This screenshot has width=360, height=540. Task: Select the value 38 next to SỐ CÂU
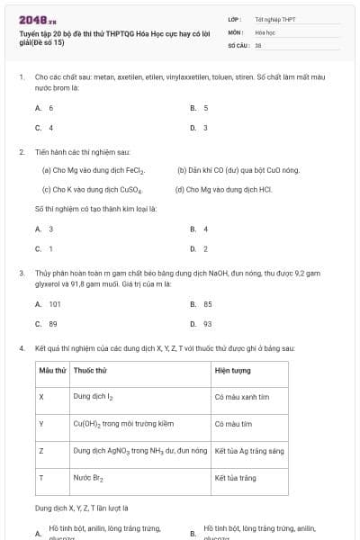pyautogui.click(x=258, y=44)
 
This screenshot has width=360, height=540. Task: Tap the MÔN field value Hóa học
pyautogui.click(x=265, y=31)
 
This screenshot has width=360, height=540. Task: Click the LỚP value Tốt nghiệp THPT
pyautogui.click(x=274, y=18)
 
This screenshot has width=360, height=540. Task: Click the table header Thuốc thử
pyautogui.click(x=91, y=371)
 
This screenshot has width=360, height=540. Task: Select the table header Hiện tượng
pyautogui.click(x=233, y=371)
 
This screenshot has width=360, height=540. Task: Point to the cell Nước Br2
pyautogui.click(x=89, y=479)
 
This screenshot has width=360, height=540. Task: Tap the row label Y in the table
pyautogui.click(x=41, y=423)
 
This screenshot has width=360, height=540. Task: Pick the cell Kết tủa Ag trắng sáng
pyautogui.click(x=249, y=450)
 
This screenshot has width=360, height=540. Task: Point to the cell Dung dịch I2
pyautogui.click(x=93, y=396)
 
